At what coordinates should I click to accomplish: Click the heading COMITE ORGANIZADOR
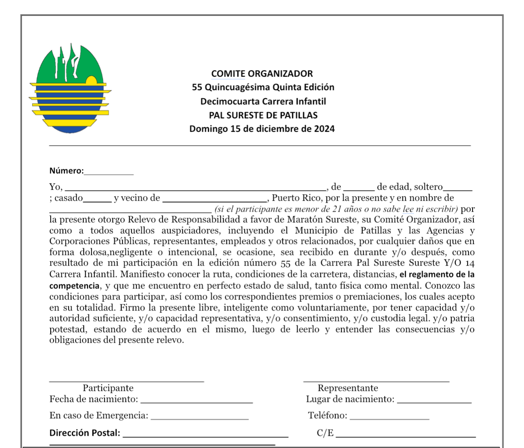(x=262, y=74)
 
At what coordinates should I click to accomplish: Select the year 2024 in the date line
(x=324, y=129)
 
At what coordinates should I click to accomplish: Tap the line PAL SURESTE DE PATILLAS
(x=263, y=115)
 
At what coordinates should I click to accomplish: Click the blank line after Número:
(x=109, y=172)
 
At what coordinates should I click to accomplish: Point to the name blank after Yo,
(x=196, y=188)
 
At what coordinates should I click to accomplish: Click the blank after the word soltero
(x=457, y=188)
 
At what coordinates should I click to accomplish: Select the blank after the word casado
(x=97, y=199)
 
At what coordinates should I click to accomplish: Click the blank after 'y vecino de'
(x=215, y=199)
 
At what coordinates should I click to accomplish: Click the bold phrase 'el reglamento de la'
(x=437, y=274)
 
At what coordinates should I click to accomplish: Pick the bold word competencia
(x=74, y=285)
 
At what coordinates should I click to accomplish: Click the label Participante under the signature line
(x=108, y=388)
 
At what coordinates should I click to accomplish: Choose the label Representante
(x=348, y=388)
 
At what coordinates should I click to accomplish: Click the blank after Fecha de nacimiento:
(x=196, y=400)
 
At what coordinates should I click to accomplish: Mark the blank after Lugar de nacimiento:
(x=434, y=400)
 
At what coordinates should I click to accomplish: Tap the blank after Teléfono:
(x=389, y=417)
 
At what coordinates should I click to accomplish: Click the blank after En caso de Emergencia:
(x=200, y=417)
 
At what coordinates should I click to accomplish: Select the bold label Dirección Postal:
(x=85, y=433)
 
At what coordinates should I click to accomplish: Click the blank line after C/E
(x=406, y=434)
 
